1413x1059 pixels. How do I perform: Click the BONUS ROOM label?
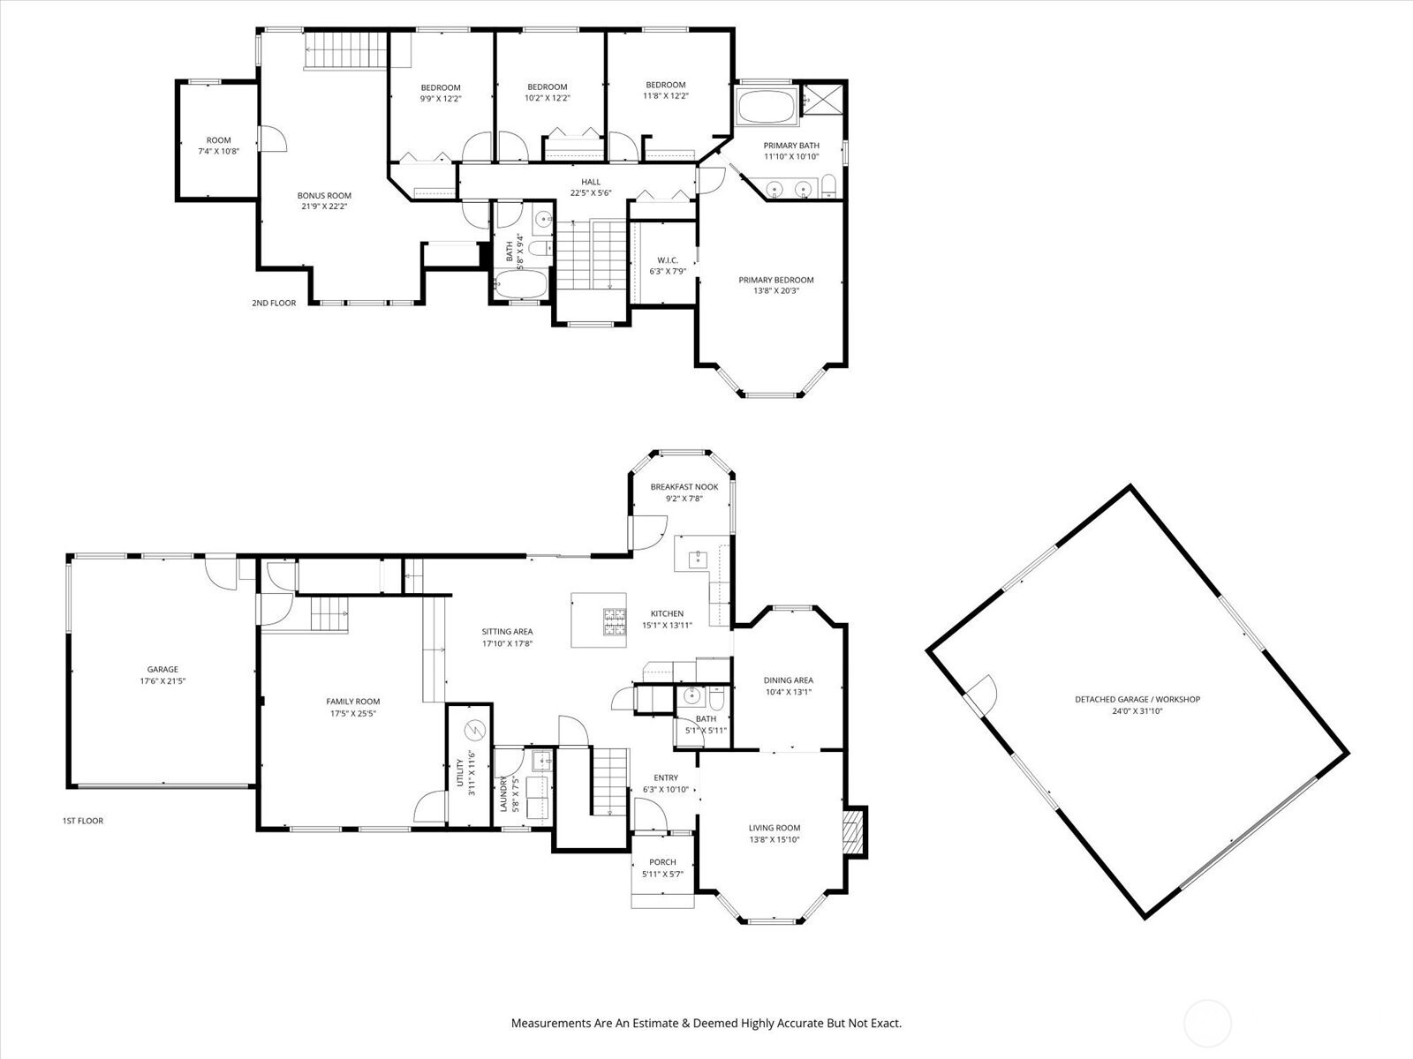click(324, 195)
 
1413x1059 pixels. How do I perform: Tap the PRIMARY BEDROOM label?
click(775, 280)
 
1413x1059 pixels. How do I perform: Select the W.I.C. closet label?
click(668, 260)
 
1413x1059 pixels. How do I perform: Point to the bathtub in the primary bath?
click(767, 107)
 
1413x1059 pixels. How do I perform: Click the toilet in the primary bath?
click(828, 186)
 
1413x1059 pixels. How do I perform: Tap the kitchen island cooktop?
click(614, 622)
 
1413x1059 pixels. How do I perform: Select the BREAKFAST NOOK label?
click(684, 487)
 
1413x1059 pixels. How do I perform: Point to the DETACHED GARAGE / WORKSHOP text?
click(1137, 700)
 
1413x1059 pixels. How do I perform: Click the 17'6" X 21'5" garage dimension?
click(162, 681)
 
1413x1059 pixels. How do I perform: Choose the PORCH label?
click(662, 862)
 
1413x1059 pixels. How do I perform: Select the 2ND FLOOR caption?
click(275, 303)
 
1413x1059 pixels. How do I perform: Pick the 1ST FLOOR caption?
click(83, 821)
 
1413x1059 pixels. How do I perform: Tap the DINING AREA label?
click(789, 680)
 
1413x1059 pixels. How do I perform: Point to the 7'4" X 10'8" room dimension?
click(219, 152)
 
